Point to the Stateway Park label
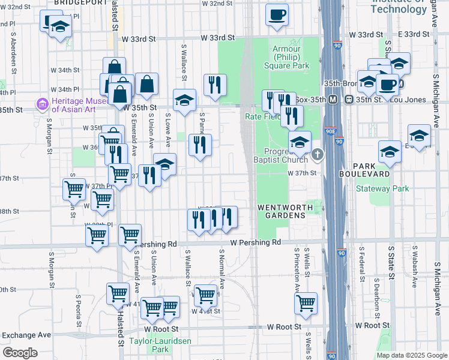(x=382, y=188)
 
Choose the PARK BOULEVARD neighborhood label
(x=381, y=169)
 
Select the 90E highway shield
(x=331, y=130)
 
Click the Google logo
(x=20, y=353)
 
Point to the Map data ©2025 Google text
(x=412, y=355)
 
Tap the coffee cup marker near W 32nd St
(x=277, y=15)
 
